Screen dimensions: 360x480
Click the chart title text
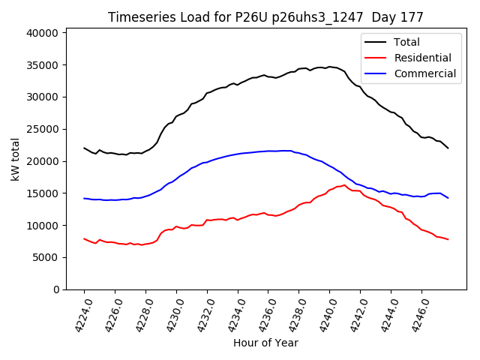click(x=265, y=17)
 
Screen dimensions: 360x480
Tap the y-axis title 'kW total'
click(x=15, y=159)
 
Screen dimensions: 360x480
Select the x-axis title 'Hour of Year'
click(x=265, y=343)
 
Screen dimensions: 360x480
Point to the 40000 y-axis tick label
click(x=42, y=33)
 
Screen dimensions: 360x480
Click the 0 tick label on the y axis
click(x=55, y=289)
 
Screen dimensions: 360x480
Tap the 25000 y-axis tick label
click(x=42, y=129)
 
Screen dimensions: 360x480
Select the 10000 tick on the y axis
click(x=42, y=225)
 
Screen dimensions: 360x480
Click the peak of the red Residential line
click(x=344, y=184)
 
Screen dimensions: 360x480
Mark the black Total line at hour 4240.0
click(x=329, y=67)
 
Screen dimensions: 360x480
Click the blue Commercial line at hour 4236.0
click(x=268, y=151)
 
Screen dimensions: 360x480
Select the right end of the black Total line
click(x=448, y=148)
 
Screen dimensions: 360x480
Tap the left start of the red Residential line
click(x=84, y=238)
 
